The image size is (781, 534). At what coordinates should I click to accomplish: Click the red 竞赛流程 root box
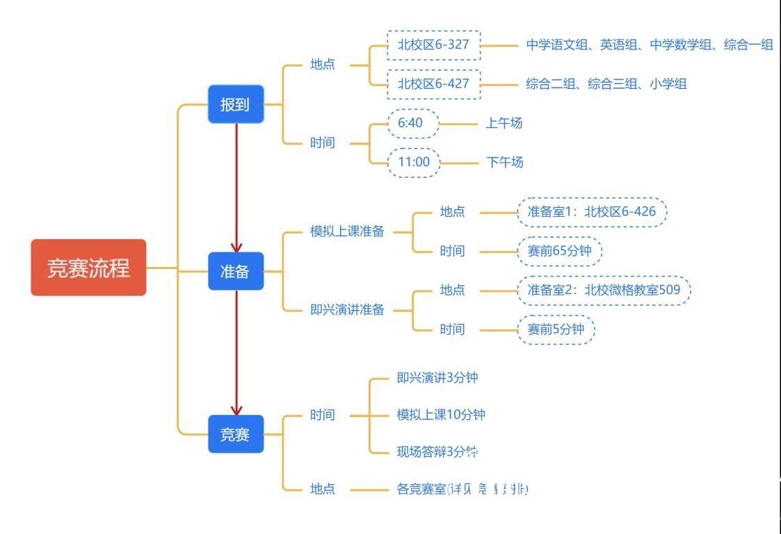[x=88, y=268]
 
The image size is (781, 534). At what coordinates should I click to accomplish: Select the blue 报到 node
[x=236, y=104]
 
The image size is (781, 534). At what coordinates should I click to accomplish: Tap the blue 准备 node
[x=236, y=271]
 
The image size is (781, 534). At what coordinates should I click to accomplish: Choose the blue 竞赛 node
[x=236, y=434]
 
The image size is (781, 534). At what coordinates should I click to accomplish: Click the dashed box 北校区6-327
[x=433, y=45]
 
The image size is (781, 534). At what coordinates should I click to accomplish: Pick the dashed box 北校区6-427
[x=433, y=84]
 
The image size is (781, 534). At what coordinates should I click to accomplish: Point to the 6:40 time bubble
[x=414, y=123]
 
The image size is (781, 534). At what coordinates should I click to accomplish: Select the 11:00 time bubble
[x=414, y=163]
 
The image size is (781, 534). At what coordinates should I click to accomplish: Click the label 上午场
[x=504, y=123]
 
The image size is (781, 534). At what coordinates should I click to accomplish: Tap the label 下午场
[x=505, y=163]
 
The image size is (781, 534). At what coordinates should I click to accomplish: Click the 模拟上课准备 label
[x=347, y=232]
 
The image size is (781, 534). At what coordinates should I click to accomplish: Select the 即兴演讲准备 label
[x=347, y=310]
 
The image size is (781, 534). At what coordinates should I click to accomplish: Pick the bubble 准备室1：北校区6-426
[x=591, y=212]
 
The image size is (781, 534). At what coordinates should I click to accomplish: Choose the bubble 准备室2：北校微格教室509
[x=604, y=290]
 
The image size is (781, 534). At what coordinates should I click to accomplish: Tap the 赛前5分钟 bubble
[x=556, y=330]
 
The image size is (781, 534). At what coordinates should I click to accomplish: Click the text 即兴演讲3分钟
[x=437, y=378]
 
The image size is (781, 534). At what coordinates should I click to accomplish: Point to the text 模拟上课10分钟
[x=441, y=415]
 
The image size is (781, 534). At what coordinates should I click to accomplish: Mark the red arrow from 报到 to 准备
[x=236, y=188]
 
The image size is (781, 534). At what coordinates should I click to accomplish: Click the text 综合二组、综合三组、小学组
[x=606, y=84]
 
